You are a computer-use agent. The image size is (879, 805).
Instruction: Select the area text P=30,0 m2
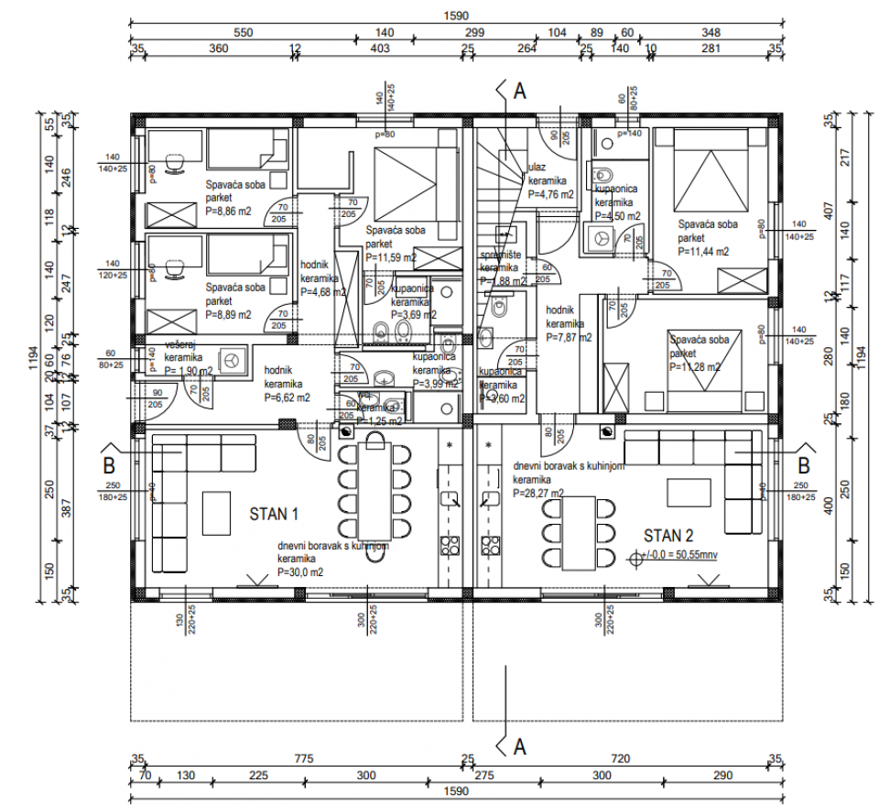pos(300,571)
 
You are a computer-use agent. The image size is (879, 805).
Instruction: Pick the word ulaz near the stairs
pos(537,168)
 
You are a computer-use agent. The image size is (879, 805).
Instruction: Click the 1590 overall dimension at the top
pos(455,16)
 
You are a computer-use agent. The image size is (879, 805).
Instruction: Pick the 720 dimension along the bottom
pos(623,758)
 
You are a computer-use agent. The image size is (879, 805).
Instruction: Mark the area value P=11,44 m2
pos(703,250)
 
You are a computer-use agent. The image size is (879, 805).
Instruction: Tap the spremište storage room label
pos(500,257)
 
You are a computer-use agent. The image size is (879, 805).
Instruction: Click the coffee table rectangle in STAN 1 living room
pos(216,513)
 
